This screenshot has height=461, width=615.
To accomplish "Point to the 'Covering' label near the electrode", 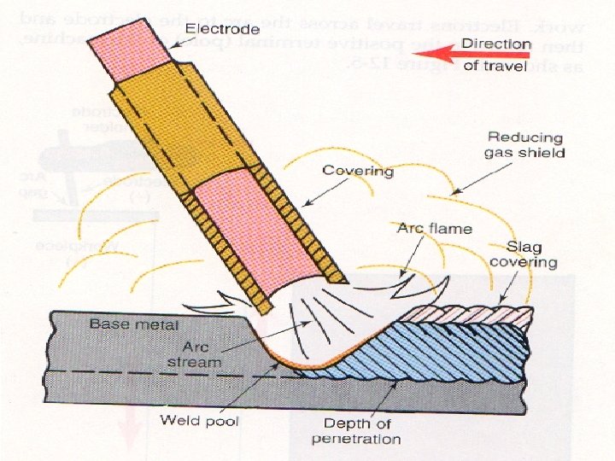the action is (357, 171).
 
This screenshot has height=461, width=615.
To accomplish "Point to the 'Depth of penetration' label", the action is (363, 432).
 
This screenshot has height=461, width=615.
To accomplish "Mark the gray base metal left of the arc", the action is (128, 350).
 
